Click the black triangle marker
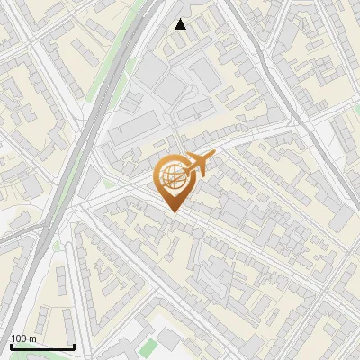tap(181, 24)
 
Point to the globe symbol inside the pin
tap(172, 176)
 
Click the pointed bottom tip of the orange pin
tap(173, 211)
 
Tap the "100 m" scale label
tap(22, 338)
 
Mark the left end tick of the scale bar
tap(10, 346)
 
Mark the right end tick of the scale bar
tap(74, 346)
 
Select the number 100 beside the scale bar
tap(18, 338)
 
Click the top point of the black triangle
tap(181, 19)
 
